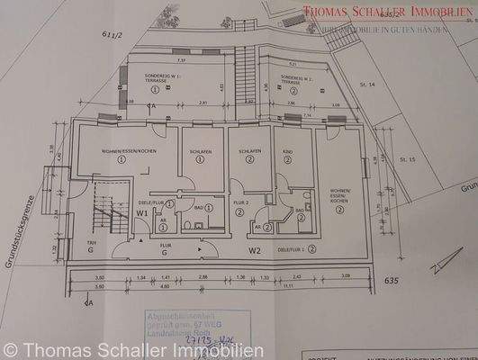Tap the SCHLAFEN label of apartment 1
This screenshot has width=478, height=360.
pyautogui.click(x=200, y=152)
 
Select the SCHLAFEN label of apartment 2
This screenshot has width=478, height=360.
pyautogui.click(x=249, y=151)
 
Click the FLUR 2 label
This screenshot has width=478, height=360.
pyautogui.click(x=240, y=203)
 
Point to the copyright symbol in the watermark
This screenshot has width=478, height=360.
pyautogui.click(x=10, y=347)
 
